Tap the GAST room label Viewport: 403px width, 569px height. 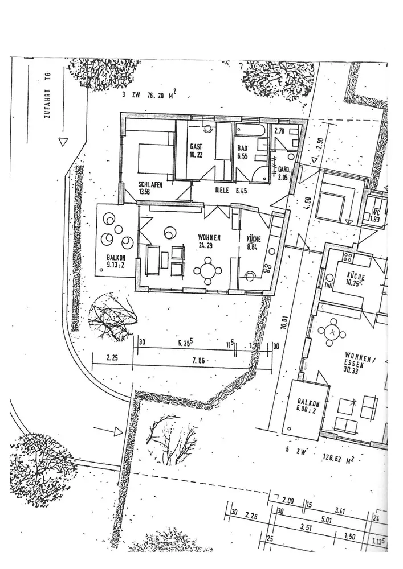[196, 150]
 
